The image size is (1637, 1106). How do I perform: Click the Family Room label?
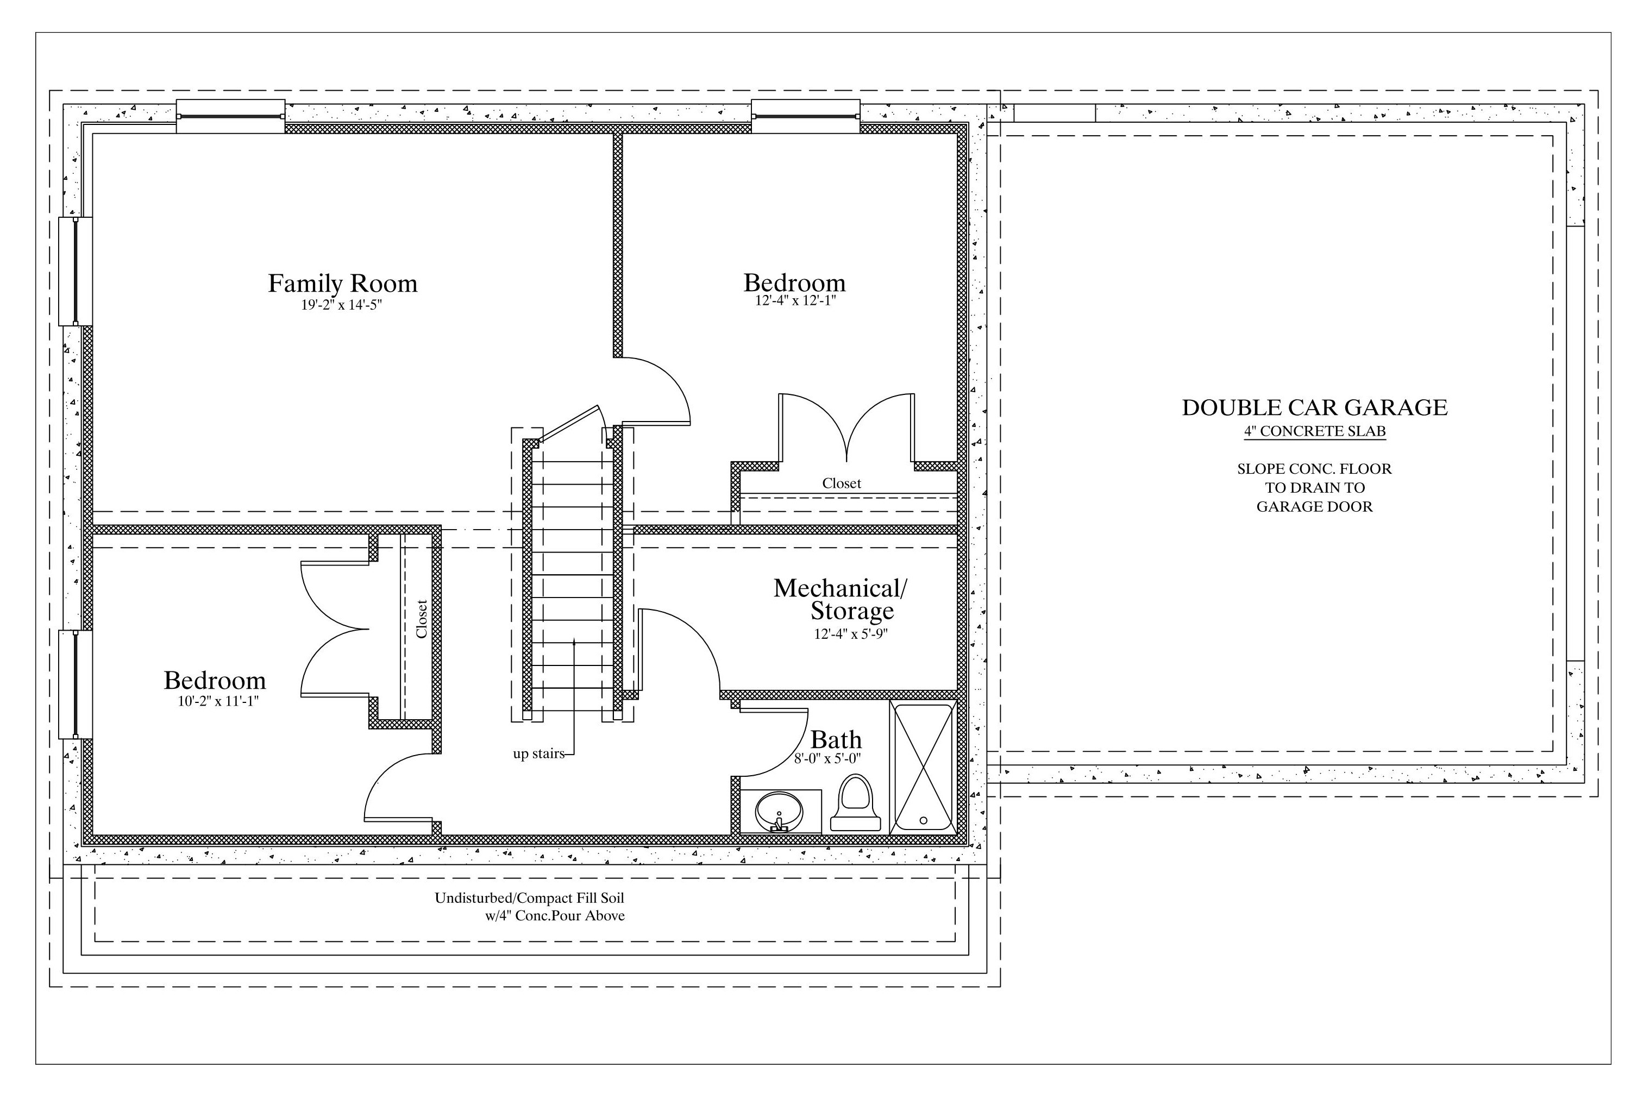pyautogui.click(x=342, y=283)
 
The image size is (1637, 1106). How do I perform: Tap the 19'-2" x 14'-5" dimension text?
pyautogui.click(x=342, y=305)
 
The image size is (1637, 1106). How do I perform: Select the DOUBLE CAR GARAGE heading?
pyautogui.click(x=1314, y=407)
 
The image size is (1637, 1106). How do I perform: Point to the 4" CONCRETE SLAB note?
pyautogui.click(x=1314, y=431)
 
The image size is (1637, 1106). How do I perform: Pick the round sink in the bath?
pyautogui.click(x=779, y=812)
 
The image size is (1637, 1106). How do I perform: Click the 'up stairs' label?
pyautogui.click(x=538, y=754)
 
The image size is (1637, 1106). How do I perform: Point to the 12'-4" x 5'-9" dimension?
pyautogui.click(x=851, y=633)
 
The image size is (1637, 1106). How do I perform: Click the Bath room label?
pyautogui.click(x=836, y=740)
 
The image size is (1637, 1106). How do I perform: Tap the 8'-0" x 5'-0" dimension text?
pyautogui.click(x=827, y=759)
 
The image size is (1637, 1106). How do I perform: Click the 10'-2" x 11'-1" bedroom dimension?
pyautogui.click(x=218, y=701)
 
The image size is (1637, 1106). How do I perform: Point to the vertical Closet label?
pyautogui.click(x=421, y=619)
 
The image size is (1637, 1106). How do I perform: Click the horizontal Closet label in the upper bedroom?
pyautogui.click(x=842, y=483)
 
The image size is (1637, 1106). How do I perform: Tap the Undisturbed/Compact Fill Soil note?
pyautogui.click(x=530, y=898)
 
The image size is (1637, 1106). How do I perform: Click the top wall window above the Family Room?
pyautogui.click(x=230, y=116)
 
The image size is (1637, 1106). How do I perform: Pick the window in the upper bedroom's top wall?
pyautogui.click(x=806, y=116)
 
